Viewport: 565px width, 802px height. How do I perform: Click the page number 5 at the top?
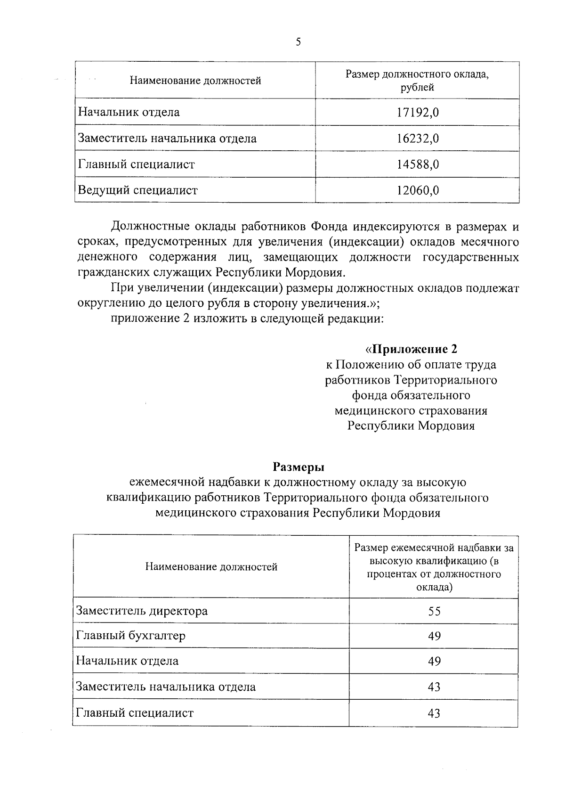pos(298,42)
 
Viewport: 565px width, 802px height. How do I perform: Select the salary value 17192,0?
pos(418,113)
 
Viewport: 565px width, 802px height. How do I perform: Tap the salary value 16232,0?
pos(418,139)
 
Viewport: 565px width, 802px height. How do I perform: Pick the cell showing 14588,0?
pos(418,164)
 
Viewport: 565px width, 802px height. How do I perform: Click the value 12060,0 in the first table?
pos(418,190)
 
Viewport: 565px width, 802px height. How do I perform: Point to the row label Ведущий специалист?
pos(137,190)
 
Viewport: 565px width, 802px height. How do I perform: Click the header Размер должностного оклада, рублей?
pos(417,81)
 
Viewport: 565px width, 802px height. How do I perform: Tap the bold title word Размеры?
pos(299,467)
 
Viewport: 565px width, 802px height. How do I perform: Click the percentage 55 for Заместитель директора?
pos(434,612)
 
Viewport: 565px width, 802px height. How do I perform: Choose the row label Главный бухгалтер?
pos(131,636)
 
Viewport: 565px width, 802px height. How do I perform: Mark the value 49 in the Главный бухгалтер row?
pos(434,636)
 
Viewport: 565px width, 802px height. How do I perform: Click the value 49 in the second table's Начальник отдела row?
pos(434,662)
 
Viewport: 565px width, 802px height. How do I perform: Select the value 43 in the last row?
pos(434,713)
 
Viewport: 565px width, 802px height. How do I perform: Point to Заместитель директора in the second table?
pos(142,611)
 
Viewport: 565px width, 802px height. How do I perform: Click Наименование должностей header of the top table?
pos(195,81)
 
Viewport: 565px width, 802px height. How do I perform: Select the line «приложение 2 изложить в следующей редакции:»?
pos(248,319)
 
